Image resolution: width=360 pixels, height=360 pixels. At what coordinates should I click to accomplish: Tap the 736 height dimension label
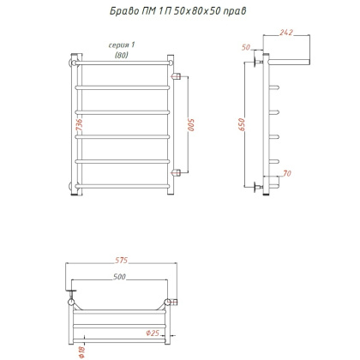coord(79,125)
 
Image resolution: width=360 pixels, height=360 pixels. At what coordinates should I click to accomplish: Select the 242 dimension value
coord(286,33)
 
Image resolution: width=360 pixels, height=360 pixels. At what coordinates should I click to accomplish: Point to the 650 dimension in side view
coord(242,124)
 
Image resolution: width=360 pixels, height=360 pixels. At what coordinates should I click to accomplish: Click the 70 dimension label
coord(287,173)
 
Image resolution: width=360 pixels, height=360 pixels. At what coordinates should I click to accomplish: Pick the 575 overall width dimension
coord(122,261)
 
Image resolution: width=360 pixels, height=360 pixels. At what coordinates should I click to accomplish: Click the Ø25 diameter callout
coord(153,333)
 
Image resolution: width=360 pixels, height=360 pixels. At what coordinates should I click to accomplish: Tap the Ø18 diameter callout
coord(81,351)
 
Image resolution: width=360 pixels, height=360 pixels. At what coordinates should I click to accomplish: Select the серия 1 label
coord(122,45)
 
